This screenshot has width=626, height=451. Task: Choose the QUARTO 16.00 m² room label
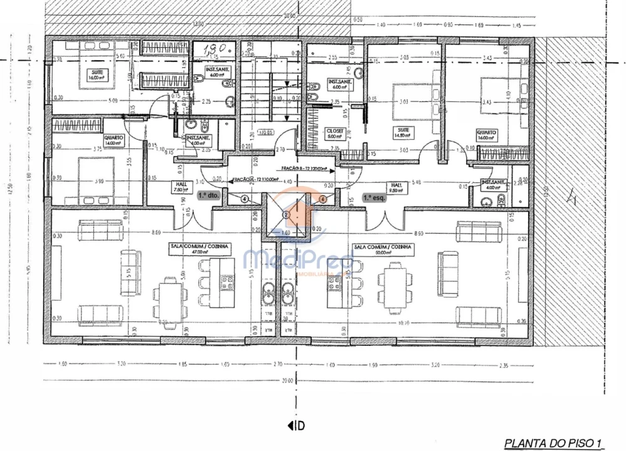[x=486, y=135]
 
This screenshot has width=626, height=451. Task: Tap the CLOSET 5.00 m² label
[x=334, y=133]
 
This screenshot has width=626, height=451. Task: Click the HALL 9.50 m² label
[x=396, y=189]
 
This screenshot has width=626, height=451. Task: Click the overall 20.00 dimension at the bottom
[x=287, y=381]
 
